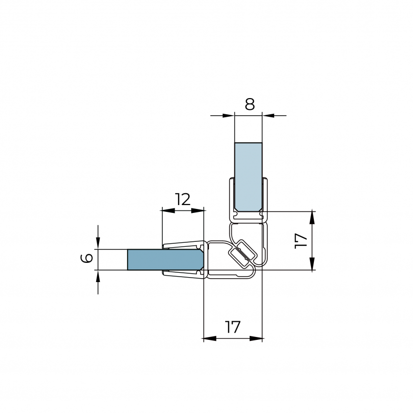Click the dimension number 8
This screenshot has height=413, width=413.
point(250,104)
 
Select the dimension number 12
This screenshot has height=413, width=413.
point(183,200)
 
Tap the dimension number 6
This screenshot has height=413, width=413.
point(87,258)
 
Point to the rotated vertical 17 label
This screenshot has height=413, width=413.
point(301,240)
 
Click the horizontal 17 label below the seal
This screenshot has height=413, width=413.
point(233,327)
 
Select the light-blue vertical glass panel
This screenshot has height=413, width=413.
point(248,177)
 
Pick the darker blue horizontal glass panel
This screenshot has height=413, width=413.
point(165,259)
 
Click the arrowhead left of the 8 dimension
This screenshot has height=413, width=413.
point(229,115)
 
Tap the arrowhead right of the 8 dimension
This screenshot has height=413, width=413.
point(268,115)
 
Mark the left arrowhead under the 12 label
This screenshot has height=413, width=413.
point(168,210)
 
